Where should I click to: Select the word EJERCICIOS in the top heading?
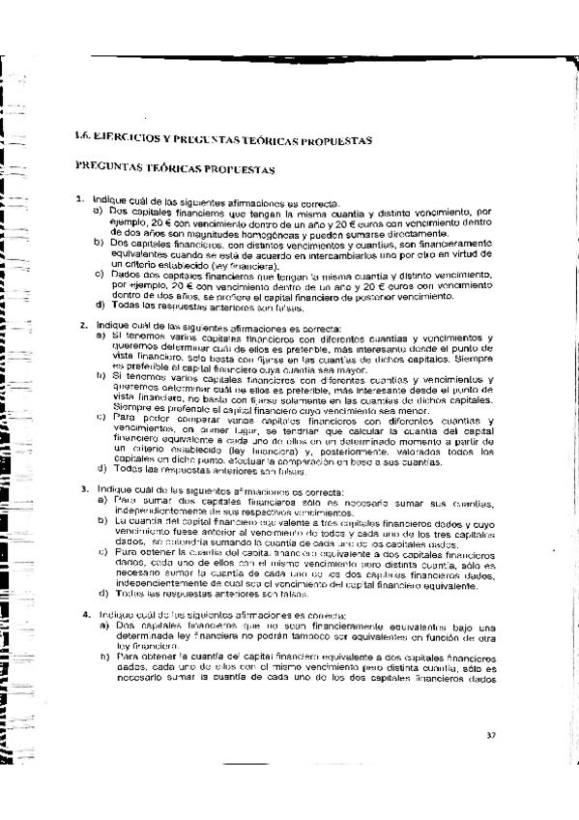tap(130, 139)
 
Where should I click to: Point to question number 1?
tap(80, 200)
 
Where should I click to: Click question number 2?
tap(84, 325)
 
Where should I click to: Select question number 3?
tap(84, 488)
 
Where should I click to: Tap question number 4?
tap(86, 615)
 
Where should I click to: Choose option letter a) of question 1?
tap(99, 210)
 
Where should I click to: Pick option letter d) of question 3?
tap(102, 593)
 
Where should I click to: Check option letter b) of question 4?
tap(103, 657)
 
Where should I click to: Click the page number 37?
tap(492, 737)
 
